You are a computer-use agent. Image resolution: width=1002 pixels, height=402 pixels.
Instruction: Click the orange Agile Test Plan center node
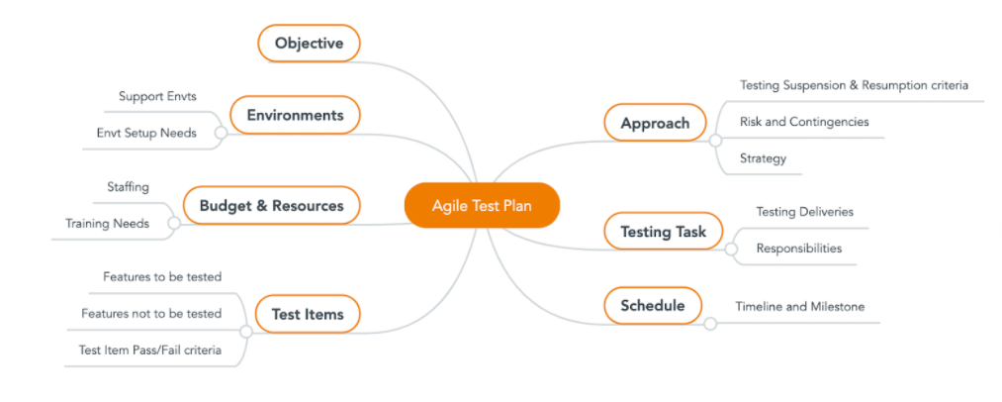482,206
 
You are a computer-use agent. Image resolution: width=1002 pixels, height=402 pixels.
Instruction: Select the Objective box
309,44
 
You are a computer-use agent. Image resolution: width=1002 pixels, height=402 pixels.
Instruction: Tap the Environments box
295,115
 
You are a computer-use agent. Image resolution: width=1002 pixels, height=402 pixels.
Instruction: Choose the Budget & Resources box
271,206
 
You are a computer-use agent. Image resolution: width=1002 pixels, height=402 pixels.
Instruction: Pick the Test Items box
308,315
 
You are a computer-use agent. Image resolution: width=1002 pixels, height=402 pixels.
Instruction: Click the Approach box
654,124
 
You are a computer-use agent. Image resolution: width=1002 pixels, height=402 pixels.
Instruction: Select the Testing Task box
663,233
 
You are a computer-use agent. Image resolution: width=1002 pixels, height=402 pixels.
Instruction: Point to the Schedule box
652,306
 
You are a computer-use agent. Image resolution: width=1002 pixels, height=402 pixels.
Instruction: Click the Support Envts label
158,96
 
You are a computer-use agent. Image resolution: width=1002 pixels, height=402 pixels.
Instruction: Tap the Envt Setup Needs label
146,133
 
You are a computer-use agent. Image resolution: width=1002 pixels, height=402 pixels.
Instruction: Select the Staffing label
128,186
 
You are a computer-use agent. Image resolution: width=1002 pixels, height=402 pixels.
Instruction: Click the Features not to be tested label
151,314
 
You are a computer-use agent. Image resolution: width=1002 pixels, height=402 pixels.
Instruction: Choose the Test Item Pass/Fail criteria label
149,350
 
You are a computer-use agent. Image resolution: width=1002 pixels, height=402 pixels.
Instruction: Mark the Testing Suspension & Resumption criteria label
854,85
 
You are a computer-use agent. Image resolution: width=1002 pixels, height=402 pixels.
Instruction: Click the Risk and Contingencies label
804,122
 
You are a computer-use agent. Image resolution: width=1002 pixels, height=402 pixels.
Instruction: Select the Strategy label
763,158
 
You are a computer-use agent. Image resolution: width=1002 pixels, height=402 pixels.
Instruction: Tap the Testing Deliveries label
804,212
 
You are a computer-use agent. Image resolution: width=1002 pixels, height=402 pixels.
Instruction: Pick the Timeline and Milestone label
799,307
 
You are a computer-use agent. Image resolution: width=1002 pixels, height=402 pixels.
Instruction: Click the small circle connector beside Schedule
709,324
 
